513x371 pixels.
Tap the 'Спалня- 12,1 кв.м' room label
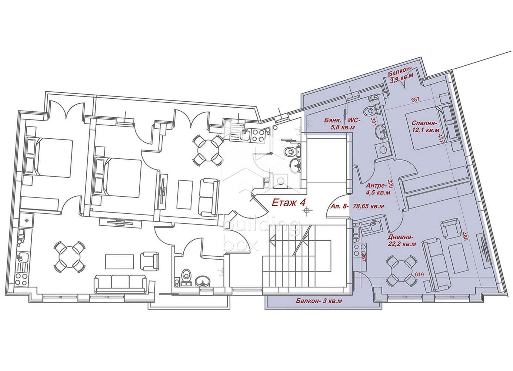(426, 127)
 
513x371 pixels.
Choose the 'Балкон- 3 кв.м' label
(319, 301)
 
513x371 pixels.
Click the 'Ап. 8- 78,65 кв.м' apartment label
(357, 206)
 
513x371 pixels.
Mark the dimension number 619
(419, 275)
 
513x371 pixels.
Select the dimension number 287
(415, 99)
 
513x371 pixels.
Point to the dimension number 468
(464, 236)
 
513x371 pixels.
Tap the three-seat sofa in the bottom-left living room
(121, 284)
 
